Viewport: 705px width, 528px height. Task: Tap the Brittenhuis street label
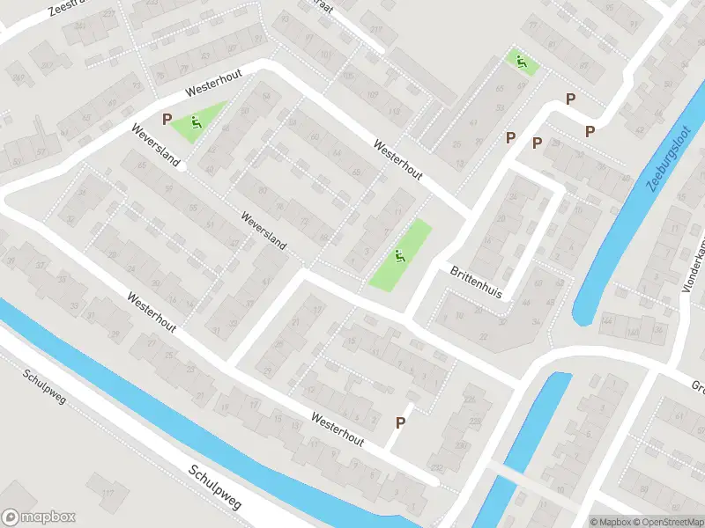click(x=476, y=282)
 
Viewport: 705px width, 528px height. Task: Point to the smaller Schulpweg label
click(x=44, y=393)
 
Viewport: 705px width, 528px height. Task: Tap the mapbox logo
click(x=38, y=517)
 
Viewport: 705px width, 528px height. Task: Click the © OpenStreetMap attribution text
click(x=667, y=522)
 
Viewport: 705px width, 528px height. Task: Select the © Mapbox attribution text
click(x=611, y=522)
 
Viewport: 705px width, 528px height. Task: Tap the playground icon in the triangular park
click(x=197, y=123)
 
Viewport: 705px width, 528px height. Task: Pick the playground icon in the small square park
click(x=521, y=62)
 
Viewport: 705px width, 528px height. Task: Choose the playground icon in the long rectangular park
click(x=400, y=256)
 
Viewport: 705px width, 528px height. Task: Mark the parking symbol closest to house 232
click(x=400, y=423)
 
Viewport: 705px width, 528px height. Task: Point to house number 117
click(x=108, y=493)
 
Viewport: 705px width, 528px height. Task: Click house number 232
click(x=435, y=467)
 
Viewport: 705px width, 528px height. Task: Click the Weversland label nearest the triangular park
click(x=155, y=146)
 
